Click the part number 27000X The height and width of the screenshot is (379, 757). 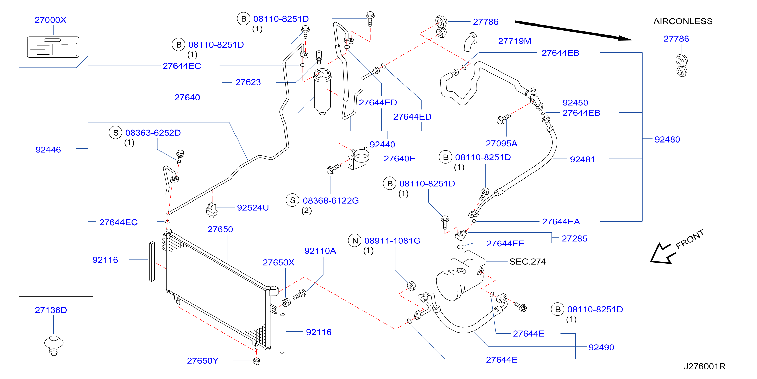pyautogui.click(x=51, y=20)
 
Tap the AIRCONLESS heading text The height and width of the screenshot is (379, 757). pyautogui.click(x=683, y=21)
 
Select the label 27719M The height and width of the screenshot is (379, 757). pyautogui.click(x=515, y=41)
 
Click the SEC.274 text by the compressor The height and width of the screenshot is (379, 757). pyautogui.click(x=527, y=262)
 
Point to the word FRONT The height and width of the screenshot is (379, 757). pyautogui.click(x=690, y=239)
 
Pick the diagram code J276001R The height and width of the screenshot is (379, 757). pyautogui.click(x=704, y=366)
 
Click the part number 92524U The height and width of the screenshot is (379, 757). pyautogui.click(x=253, y=208)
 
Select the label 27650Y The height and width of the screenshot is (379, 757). pyautogui.click(x=203, y=361)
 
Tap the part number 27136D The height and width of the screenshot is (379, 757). pyautogui.click(x=51, y=310)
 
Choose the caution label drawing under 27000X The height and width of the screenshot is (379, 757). pyautogui.click(x=53, y=47)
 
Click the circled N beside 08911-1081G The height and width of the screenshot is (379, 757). pyautogui.click(x=355, y=241)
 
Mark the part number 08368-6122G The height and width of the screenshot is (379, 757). pyautogui.click(x=331, y=201)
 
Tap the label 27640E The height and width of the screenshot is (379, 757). pyautogui.click(x=400, y=159)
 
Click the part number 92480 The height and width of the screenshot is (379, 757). pyautogui.click(x=667, y=139)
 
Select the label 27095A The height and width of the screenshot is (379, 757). pyautogui.click(x=502, y=144)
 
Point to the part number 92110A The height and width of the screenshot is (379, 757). pyautogui.click(x=320, y=251)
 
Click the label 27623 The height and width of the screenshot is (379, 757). pyautogui.click(x=248, y=82)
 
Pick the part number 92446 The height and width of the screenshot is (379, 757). pyautogui.click(x=48, y=150)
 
